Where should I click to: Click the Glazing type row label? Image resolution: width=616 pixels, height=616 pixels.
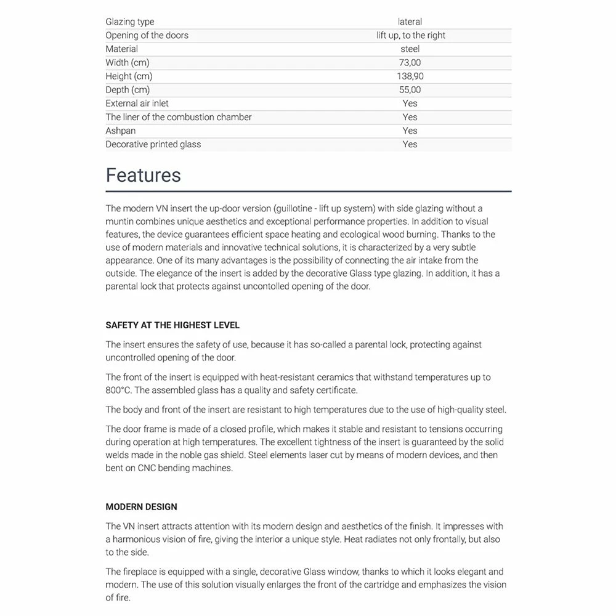coord(129,22)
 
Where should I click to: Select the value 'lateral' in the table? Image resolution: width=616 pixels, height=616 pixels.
coord(410,22)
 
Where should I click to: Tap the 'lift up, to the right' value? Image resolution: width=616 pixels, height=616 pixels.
coord(410,35)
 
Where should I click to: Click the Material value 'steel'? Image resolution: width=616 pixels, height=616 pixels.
coord(410,49)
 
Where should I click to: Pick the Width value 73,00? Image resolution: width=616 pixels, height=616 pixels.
coord(410,62)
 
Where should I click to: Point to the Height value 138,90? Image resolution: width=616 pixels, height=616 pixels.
coord(410,76)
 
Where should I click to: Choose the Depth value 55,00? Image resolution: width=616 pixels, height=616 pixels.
coord(410,90)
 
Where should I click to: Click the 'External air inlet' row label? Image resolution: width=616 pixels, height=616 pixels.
coord(137,103)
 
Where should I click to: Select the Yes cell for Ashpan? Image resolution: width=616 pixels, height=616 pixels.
coord(410,131)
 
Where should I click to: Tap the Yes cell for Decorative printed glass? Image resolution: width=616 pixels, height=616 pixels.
coord(410,144)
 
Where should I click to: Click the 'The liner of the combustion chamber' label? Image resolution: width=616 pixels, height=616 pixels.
coord(179,117)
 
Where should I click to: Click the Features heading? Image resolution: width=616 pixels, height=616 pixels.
coord(143,176)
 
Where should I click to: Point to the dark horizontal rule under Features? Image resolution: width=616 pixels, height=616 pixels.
coord(308,192)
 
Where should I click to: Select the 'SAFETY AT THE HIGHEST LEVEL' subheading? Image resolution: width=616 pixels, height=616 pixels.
coord(172,325)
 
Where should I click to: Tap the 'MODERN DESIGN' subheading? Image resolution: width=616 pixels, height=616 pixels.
coord(141,507)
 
